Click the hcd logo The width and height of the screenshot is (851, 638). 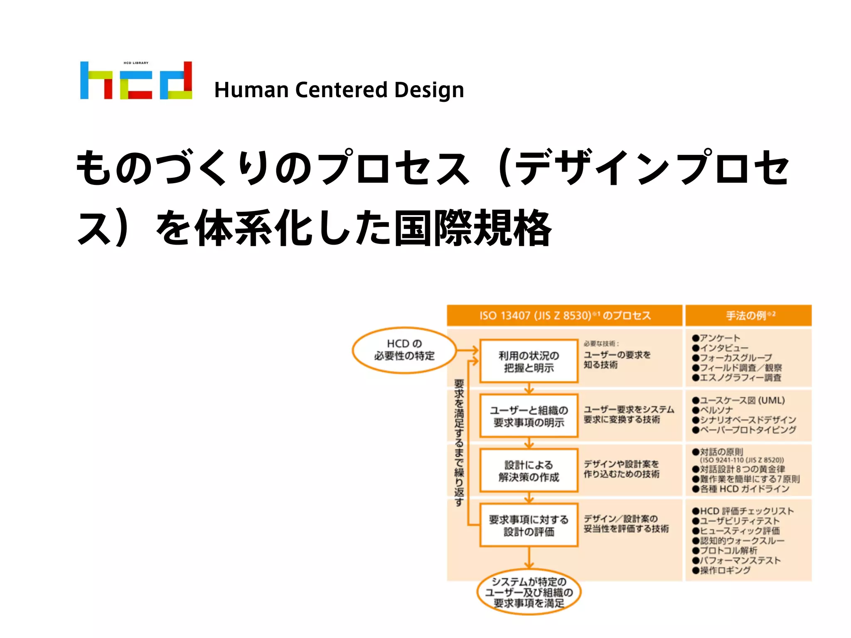[x=136, y=81]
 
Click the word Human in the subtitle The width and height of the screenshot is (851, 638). [x=251, y=90]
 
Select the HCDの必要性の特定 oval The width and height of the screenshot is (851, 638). [x=404, y=350]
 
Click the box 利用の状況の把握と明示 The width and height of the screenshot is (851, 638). [x=529, y=361]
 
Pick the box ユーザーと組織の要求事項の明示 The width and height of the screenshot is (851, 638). [x=529, y=416]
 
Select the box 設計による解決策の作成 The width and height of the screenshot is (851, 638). [x=529, y=471]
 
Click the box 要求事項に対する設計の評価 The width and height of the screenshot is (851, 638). [x=529, y=525]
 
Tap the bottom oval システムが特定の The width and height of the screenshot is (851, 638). [x=529, y=592]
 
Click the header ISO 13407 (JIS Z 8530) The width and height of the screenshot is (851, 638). [x=564, y=316]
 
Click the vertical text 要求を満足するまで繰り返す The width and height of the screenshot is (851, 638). [x=459, y=442]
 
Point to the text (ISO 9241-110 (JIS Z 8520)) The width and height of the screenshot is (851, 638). [x=742, y=460]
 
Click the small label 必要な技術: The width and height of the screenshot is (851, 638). [x=601, y=344]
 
